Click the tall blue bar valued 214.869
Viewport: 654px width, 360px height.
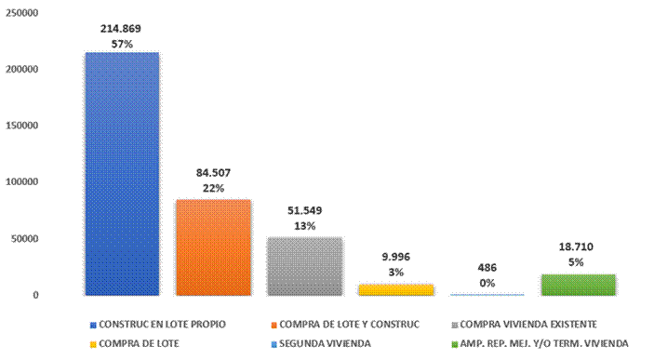click(122, 174)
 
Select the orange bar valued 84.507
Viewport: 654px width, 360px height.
click(213, 247)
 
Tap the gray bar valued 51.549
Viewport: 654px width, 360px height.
click(305, 266)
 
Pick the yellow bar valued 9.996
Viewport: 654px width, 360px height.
click(396, 289)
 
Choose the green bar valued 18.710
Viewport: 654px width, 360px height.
click(579, 285)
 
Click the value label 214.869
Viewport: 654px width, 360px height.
click(122, 29)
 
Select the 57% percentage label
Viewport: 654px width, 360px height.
click(122, 44)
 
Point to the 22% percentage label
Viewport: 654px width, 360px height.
click(213, 188)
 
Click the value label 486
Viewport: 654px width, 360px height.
click(487, 267)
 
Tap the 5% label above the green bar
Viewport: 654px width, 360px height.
click(579, 262)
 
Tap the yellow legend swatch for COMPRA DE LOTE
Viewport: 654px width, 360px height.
click(93, 343)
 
